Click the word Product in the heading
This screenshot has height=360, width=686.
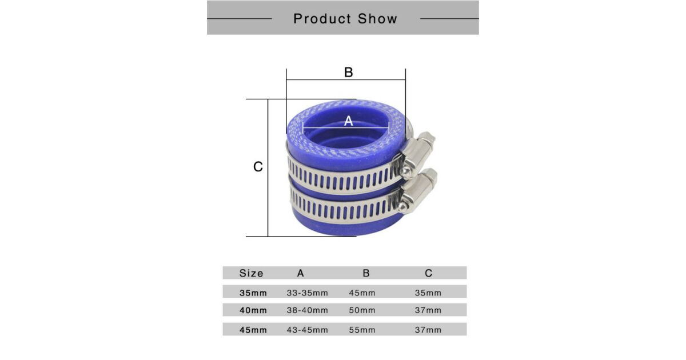[x=322, y=19]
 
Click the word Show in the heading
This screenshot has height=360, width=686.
[x=377, y=19]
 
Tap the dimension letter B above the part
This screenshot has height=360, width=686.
[x=349, y=73]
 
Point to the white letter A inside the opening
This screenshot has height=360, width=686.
[x=349, y=121]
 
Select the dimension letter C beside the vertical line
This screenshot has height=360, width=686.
[x=258, y=167]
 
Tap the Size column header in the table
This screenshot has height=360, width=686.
[x=251, y=273]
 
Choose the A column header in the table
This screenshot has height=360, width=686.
[x=301, y=273]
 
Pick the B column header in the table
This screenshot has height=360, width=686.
[x=366, y=273]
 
